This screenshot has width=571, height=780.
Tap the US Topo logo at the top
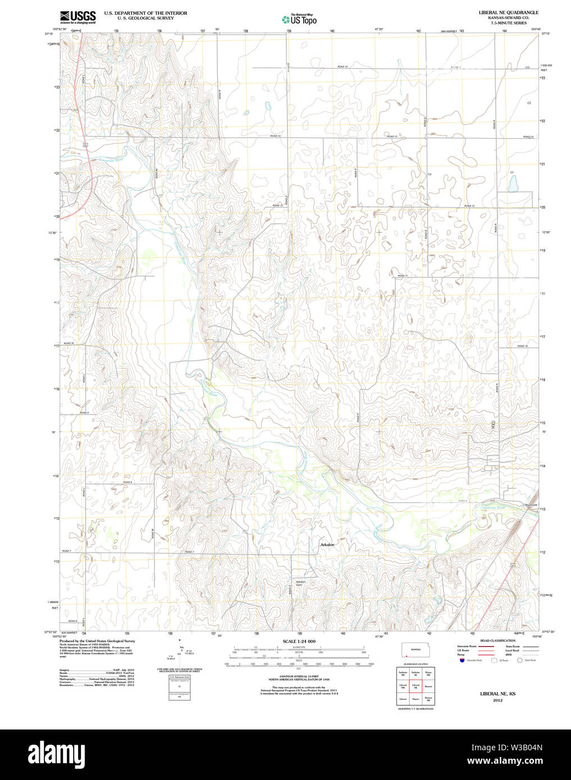(x=299, y=19)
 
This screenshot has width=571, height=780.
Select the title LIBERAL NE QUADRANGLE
(x=508, y=12)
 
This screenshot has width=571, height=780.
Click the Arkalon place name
(x=327, y=544)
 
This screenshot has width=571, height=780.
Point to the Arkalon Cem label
(x=301, y=583)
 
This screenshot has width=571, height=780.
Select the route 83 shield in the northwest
(x=86, y=145)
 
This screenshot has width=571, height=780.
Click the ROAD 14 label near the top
(x=342, y=67)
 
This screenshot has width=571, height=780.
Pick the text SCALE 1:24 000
(x=299, y=641)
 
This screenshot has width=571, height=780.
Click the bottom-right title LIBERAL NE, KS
(x=497, y=694)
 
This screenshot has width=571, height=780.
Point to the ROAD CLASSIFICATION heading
(x=497, y=640)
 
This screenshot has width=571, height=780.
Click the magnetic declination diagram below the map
(x=180, y=651)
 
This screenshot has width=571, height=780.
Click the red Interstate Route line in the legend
(x=486, y=646)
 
